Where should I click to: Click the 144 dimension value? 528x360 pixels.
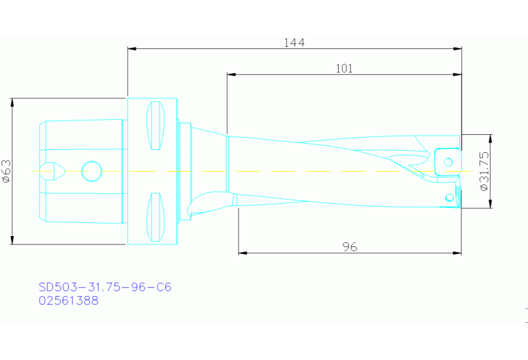[x=294, y=42]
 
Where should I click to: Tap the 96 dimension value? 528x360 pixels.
[x=350, y=246]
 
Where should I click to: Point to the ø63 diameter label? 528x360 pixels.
[x=6, y=171]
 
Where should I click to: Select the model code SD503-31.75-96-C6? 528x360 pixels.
[x=104, y=287]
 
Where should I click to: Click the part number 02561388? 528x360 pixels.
[x=68, y=301]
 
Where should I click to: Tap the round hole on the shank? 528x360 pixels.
[x=91, y=171]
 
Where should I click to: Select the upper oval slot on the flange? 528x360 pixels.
[x=157, y=125]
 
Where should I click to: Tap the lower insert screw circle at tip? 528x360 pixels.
[x=450, y=198]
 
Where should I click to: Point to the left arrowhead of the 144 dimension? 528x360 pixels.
[x=131, y=49]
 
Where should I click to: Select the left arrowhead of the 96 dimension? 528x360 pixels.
[x=242, y=253]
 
